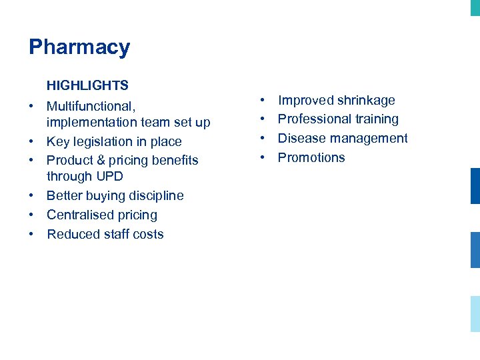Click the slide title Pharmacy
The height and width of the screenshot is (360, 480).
click(79, 47)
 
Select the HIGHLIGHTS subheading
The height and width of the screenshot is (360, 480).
click(87, 85)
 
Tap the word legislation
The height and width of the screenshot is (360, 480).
click(109, 141)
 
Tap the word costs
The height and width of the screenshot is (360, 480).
click(148, 234)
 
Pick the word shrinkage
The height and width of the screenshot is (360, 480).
click(366, 101)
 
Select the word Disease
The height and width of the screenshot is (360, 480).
click(300, 138)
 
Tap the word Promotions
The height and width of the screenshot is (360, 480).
click(311, 157)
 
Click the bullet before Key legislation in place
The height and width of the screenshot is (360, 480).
click(32, 141)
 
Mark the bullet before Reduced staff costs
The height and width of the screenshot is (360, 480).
click(32, 234)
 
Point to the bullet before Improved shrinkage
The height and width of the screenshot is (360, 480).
click(263, 101)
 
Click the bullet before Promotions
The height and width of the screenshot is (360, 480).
click(263, 157)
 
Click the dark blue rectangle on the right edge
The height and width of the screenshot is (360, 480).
click(475, 186)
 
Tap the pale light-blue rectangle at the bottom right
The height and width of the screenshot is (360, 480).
click(475, 313)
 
